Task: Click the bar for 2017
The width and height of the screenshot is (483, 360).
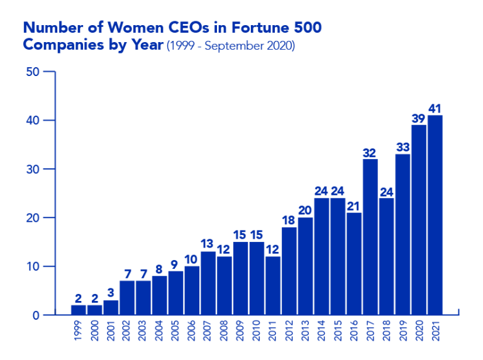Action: [x=370, y=236]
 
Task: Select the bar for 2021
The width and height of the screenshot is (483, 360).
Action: [x=435, y=214]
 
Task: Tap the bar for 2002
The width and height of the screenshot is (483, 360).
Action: [x=127, y=297]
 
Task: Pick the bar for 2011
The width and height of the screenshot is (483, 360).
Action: [x=273, y=285]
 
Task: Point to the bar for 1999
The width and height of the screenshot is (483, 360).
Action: [x=78, y=309]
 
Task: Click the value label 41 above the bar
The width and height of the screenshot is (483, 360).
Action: [x=435, y=109]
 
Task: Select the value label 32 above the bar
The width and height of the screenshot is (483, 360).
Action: [x=370, y=153]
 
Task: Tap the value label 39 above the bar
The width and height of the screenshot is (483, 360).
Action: [x=418, y=119]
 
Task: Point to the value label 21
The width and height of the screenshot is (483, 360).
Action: [x=353, y=206]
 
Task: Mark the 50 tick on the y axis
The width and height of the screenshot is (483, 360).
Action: [x=32, y=72]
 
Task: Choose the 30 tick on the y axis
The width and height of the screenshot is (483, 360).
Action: [x=32, y=169]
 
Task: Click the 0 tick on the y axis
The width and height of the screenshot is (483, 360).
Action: [x=36, y=315]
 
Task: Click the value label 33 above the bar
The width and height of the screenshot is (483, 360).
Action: [x=402, y=148]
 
